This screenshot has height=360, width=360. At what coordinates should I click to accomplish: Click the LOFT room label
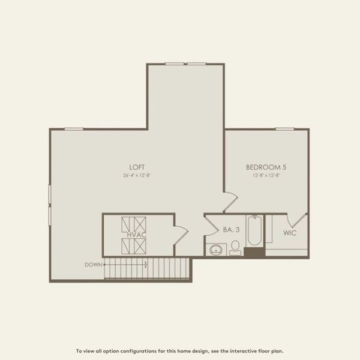[137, 167]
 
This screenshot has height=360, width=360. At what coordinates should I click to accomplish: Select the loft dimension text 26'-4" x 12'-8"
[137, 176]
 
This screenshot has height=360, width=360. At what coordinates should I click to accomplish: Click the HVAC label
[137, 235]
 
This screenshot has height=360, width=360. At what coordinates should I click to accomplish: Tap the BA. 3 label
[232, 229]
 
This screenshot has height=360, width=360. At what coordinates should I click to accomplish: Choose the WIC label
[290, 233]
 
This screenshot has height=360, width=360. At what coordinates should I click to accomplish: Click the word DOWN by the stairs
[93, 264]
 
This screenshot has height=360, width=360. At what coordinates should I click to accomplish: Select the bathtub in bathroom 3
[254, 231]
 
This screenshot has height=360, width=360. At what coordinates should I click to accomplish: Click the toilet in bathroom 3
[235, 247]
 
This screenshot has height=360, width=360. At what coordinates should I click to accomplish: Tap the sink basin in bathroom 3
[216, 250]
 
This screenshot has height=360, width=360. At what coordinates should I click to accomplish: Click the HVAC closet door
[181, 233]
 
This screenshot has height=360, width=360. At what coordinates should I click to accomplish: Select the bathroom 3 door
[211, 225]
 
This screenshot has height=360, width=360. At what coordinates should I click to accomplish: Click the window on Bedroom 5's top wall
[285, 128]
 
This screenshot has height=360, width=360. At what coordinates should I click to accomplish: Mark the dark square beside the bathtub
[254, 252]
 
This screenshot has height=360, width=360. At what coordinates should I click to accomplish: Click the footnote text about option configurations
[179, 351]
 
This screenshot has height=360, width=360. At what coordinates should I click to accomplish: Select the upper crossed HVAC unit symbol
[133, 224]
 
